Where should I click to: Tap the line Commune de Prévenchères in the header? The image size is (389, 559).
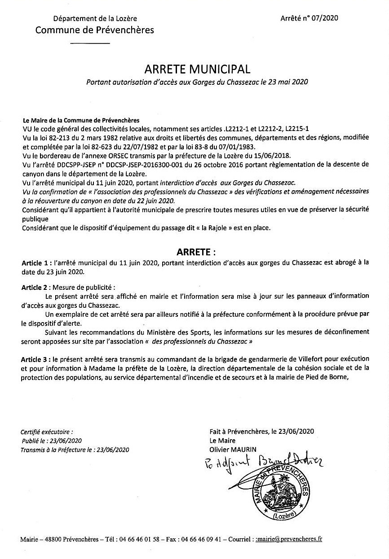[95, 30]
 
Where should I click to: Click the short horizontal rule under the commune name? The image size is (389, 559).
[91, 44]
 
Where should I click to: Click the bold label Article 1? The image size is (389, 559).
[34, 262]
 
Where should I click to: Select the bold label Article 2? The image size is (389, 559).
[34, 286]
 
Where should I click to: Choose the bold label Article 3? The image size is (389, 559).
[34, 359]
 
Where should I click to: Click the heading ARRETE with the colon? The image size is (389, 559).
[194, 250]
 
